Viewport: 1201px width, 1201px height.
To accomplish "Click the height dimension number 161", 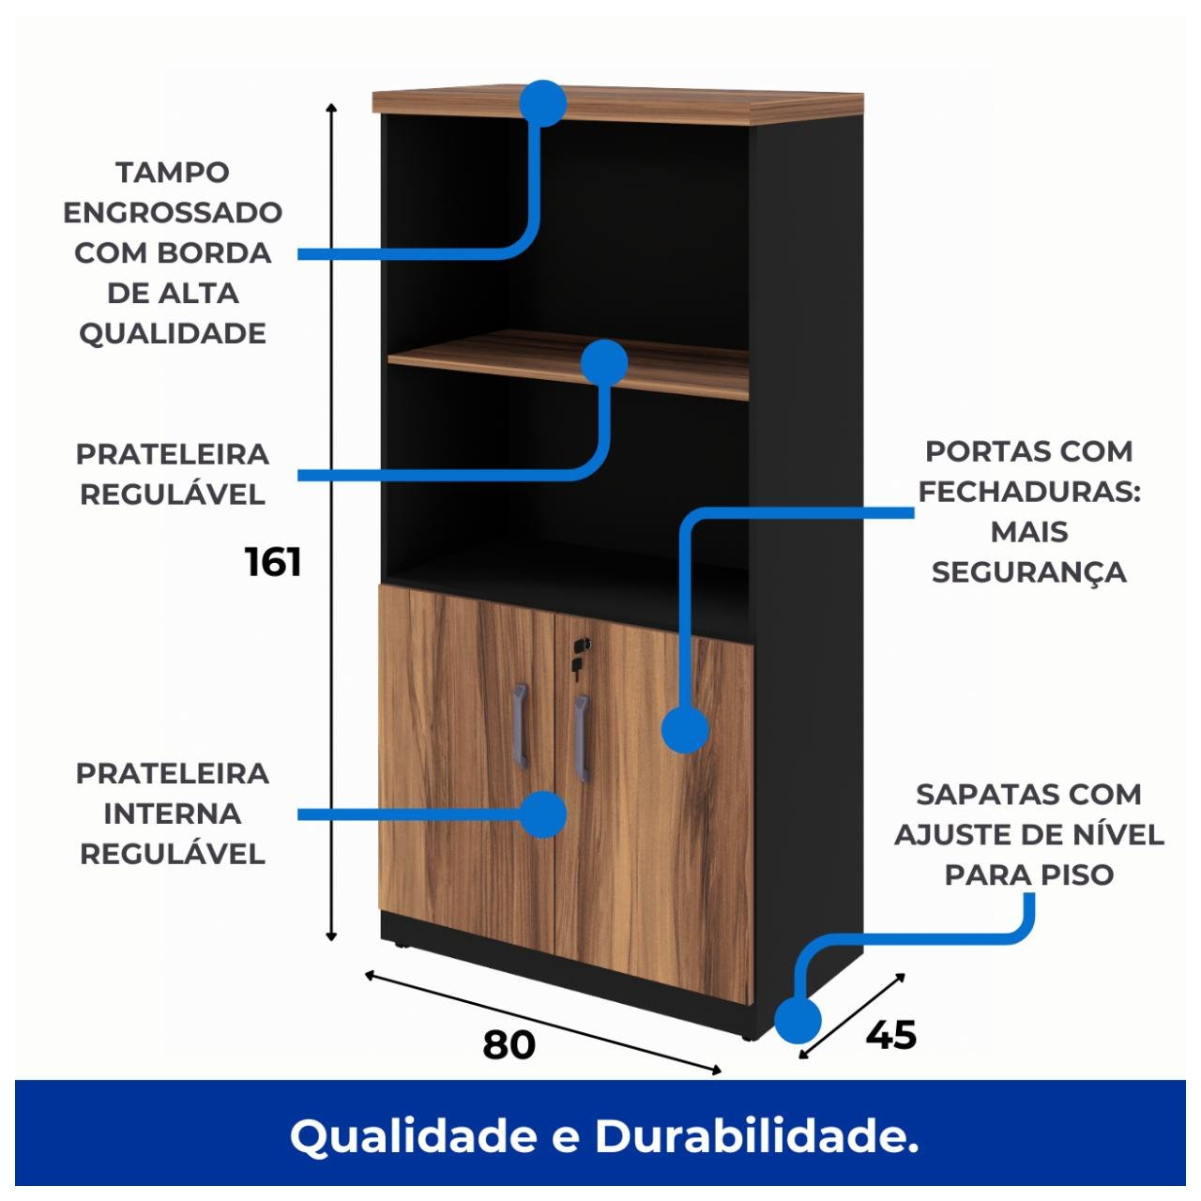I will click(273, 562).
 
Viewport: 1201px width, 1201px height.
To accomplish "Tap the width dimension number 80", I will click(509, 1044).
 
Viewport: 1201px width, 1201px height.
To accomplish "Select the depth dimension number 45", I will click(890, 1035).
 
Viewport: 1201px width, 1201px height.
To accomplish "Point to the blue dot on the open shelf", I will click(604, 362).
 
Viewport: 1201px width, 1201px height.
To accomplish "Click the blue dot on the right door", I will click(685, 730).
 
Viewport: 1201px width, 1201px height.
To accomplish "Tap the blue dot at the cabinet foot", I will click(798, 1021).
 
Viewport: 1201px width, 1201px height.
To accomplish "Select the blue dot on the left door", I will click(542, 813).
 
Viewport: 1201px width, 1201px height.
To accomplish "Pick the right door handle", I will click(582, 738).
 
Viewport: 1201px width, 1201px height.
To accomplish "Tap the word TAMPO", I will click(173, 173).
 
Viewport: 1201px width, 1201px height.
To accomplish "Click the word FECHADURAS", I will click(1028, 492).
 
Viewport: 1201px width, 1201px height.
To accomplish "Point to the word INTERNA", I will click(173, 813).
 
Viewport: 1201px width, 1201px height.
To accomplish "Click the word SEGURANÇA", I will click(1028, 572).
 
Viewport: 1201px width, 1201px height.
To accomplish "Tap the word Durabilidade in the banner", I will click(756, 1136).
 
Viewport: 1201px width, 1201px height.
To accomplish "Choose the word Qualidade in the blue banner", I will click(414, 1136).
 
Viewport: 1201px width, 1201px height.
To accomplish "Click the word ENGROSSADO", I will click(173, 213).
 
